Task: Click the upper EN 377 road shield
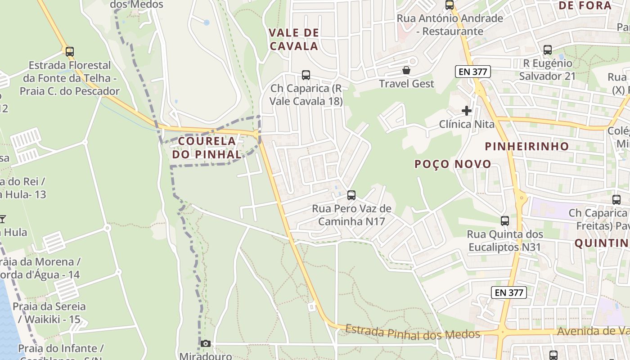pos(472,72)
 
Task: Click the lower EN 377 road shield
pos(509,292)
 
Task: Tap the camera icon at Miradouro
pos(205,344)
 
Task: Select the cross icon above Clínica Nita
pos(467,110)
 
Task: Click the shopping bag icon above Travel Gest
pos(406,70)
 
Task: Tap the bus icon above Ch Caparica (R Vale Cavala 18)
pos(306,75)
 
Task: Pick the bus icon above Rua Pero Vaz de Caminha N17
pos(351,195)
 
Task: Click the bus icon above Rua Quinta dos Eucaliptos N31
pos(505,221)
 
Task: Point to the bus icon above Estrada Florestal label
pos(69,51)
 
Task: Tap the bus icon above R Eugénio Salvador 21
pos(548,50)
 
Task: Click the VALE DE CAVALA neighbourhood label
pos(294,39)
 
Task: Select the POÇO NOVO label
pos(453,164)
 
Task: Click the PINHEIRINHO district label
pos(527,146)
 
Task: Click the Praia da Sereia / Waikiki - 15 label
pos(49,313)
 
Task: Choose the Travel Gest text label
pos(406,84)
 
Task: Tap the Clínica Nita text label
pos(467,124)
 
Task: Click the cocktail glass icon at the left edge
pos(3,219)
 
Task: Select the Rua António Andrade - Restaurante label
pos(450,25)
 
